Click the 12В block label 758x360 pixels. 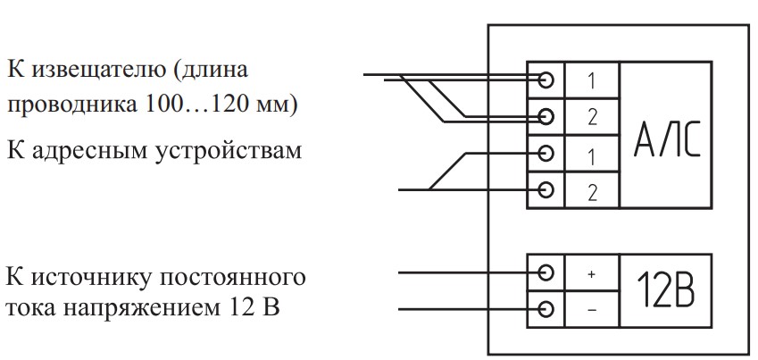pos(666,292)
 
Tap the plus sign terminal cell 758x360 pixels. pos(591,274)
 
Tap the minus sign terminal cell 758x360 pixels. pos(591,310)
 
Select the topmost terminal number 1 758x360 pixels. pos(591,80)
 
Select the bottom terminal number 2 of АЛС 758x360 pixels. pos(591,190)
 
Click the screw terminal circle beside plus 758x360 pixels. pos(547,273)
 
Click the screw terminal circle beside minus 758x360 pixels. pos(547,310)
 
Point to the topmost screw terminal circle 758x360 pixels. pos(547,80)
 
